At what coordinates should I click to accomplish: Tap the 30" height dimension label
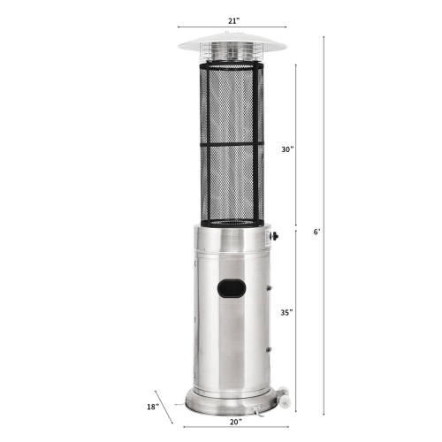click(x=288, y=150)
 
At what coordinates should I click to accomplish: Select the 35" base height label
click(x=288, y=312)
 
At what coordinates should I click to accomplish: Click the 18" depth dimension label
click(x=153, y=407)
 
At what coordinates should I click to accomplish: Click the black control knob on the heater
click(x=275, y=236)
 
